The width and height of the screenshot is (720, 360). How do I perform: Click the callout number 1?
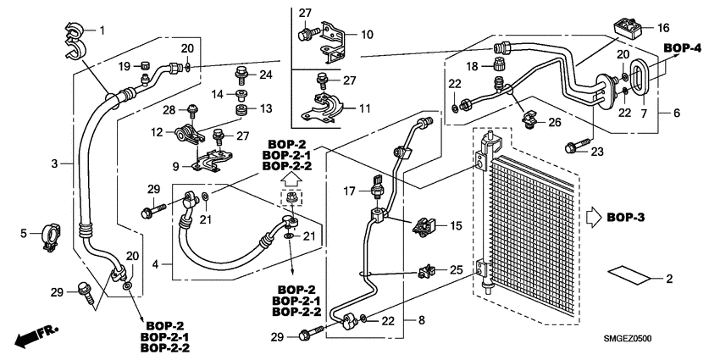point(103,31)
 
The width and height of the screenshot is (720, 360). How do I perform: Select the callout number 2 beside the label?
point(668,279)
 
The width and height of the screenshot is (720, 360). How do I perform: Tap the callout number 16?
point(662,27)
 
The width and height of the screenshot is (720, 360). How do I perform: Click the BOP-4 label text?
point(683,47)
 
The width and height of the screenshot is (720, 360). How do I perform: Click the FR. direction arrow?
point(35,337)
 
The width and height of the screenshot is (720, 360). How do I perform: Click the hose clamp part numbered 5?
point(53,236)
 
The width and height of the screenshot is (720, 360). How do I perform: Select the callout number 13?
point(265,108)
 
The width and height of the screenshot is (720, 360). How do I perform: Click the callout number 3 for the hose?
point(53,164)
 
